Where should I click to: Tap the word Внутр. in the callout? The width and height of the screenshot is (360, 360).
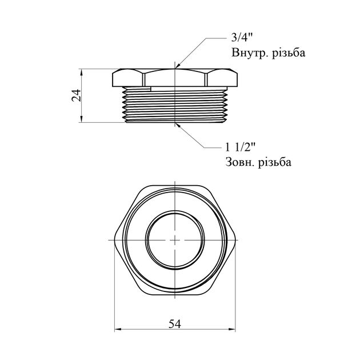coord(249,53)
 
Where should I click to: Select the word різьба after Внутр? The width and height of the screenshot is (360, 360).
coord(289,53)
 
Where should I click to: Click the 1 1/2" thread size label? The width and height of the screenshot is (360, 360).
coord(240,147)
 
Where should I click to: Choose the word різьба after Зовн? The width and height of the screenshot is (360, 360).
coord(275,162)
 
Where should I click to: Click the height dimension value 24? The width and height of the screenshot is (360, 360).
coord(76,95)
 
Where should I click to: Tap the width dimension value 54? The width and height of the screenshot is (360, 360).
coord(175,324)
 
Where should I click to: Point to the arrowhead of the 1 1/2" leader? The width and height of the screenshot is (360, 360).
coord(178,125)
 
